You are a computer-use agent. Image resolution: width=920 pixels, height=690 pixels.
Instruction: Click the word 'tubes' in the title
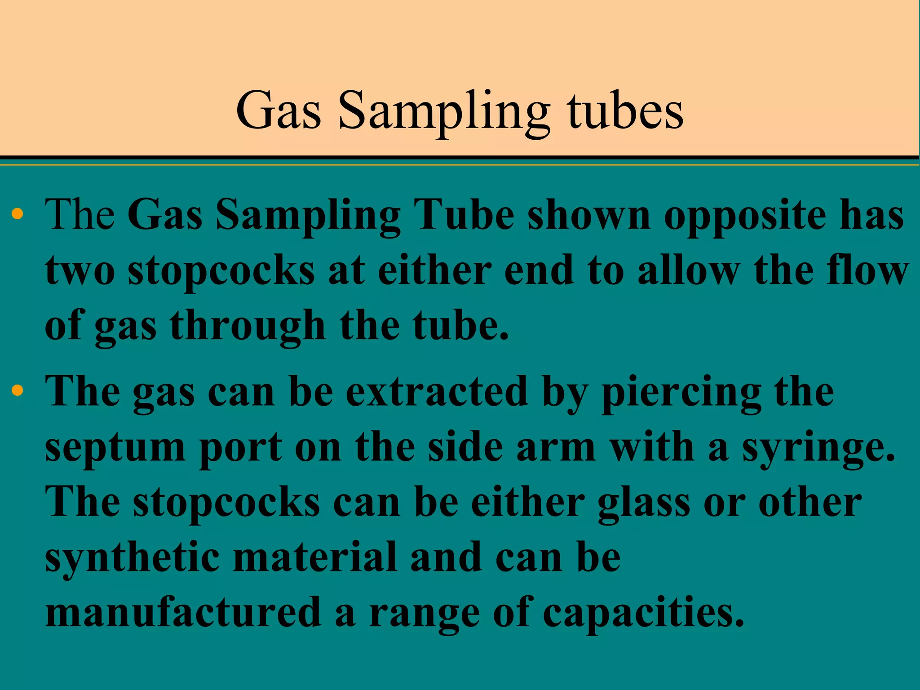point(625,111)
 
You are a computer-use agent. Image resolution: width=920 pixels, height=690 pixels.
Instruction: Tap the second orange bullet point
point(18,390)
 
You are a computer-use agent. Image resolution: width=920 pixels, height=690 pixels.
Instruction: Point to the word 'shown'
point(589,216)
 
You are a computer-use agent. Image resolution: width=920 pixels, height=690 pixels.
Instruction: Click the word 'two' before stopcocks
point(80,271)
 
